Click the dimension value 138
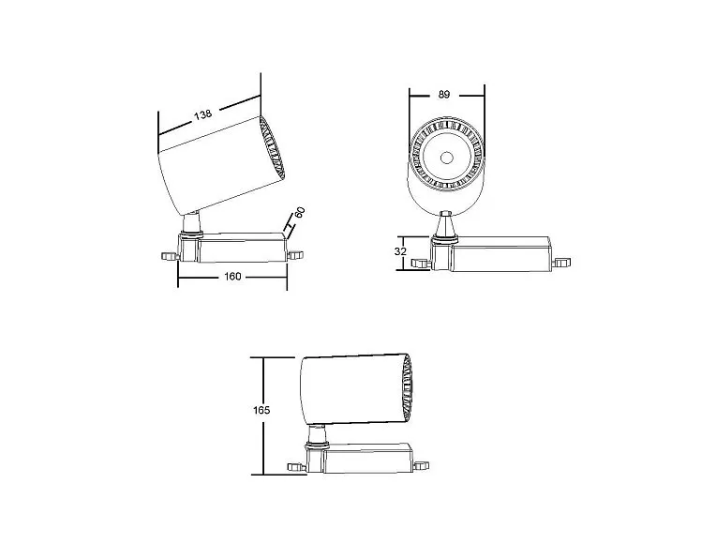tap(202, 114)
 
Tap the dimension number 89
tap(443, 95)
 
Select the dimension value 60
tap(300, 212)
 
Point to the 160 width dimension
tap(232, 277)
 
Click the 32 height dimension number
tap(400, 251)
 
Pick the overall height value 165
tap(261, 410)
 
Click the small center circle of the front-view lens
tap(446, 158)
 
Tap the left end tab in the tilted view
tap(170, 256)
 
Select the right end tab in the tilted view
tap(295, 255)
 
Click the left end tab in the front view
tap(421, 264)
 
